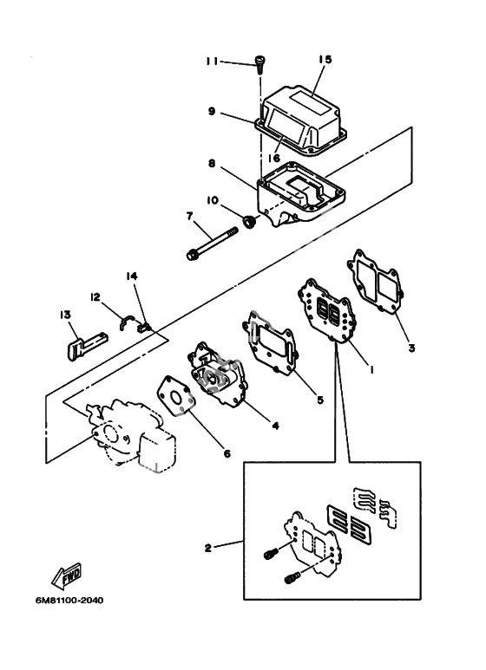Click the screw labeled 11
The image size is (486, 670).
tap(259, 64)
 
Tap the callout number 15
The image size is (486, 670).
tap(325, 59)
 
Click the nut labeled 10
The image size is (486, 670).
tap(249, 222)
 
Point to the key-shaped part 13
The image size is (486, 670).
tap(87, 345)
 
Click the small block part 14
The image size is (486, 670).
tap(143, 328)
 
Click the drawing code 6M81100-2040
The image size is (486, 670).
tap(69, 601)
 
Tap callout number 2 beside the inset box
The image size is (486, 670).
tap(208, 548)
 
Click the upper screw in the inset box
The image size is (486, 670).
tap(272, 554)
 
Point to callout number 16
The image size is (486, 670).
tap(273, 158)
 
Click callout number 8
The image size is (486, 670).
tap(212, 163)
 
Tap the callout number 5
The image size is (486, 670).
tap(320, 400)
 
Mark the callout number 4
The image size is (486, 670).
tap(275, 426)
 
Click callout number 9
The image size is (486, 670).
tap(212, 111)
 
